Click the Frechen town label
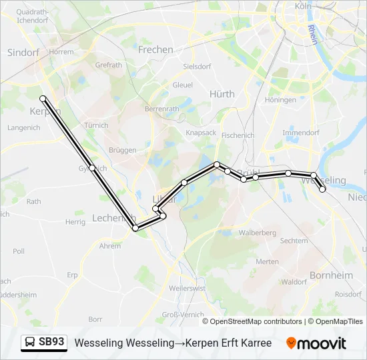155,49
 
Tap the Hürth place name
222,94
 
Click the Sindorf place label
23,52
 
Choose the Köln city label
303,6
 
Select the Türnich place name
97,125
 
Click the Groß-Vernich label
187,314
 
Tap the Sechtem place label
294,241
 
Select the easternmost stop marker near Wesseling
323,189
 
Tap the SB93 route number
51,342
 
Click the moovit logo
316,343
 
